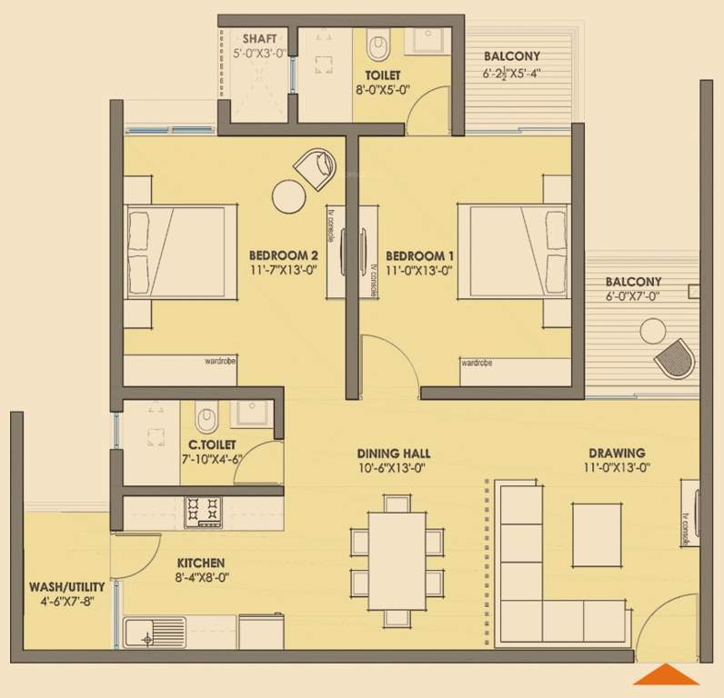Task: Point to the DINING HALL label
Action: click(x=393, y=453)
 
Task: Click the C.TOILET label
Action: click(x=212, y=444)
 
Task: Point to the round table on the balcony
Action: click(x=653, y=331)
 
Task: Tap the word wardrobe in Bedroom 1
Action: click(x=477, y=363)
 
